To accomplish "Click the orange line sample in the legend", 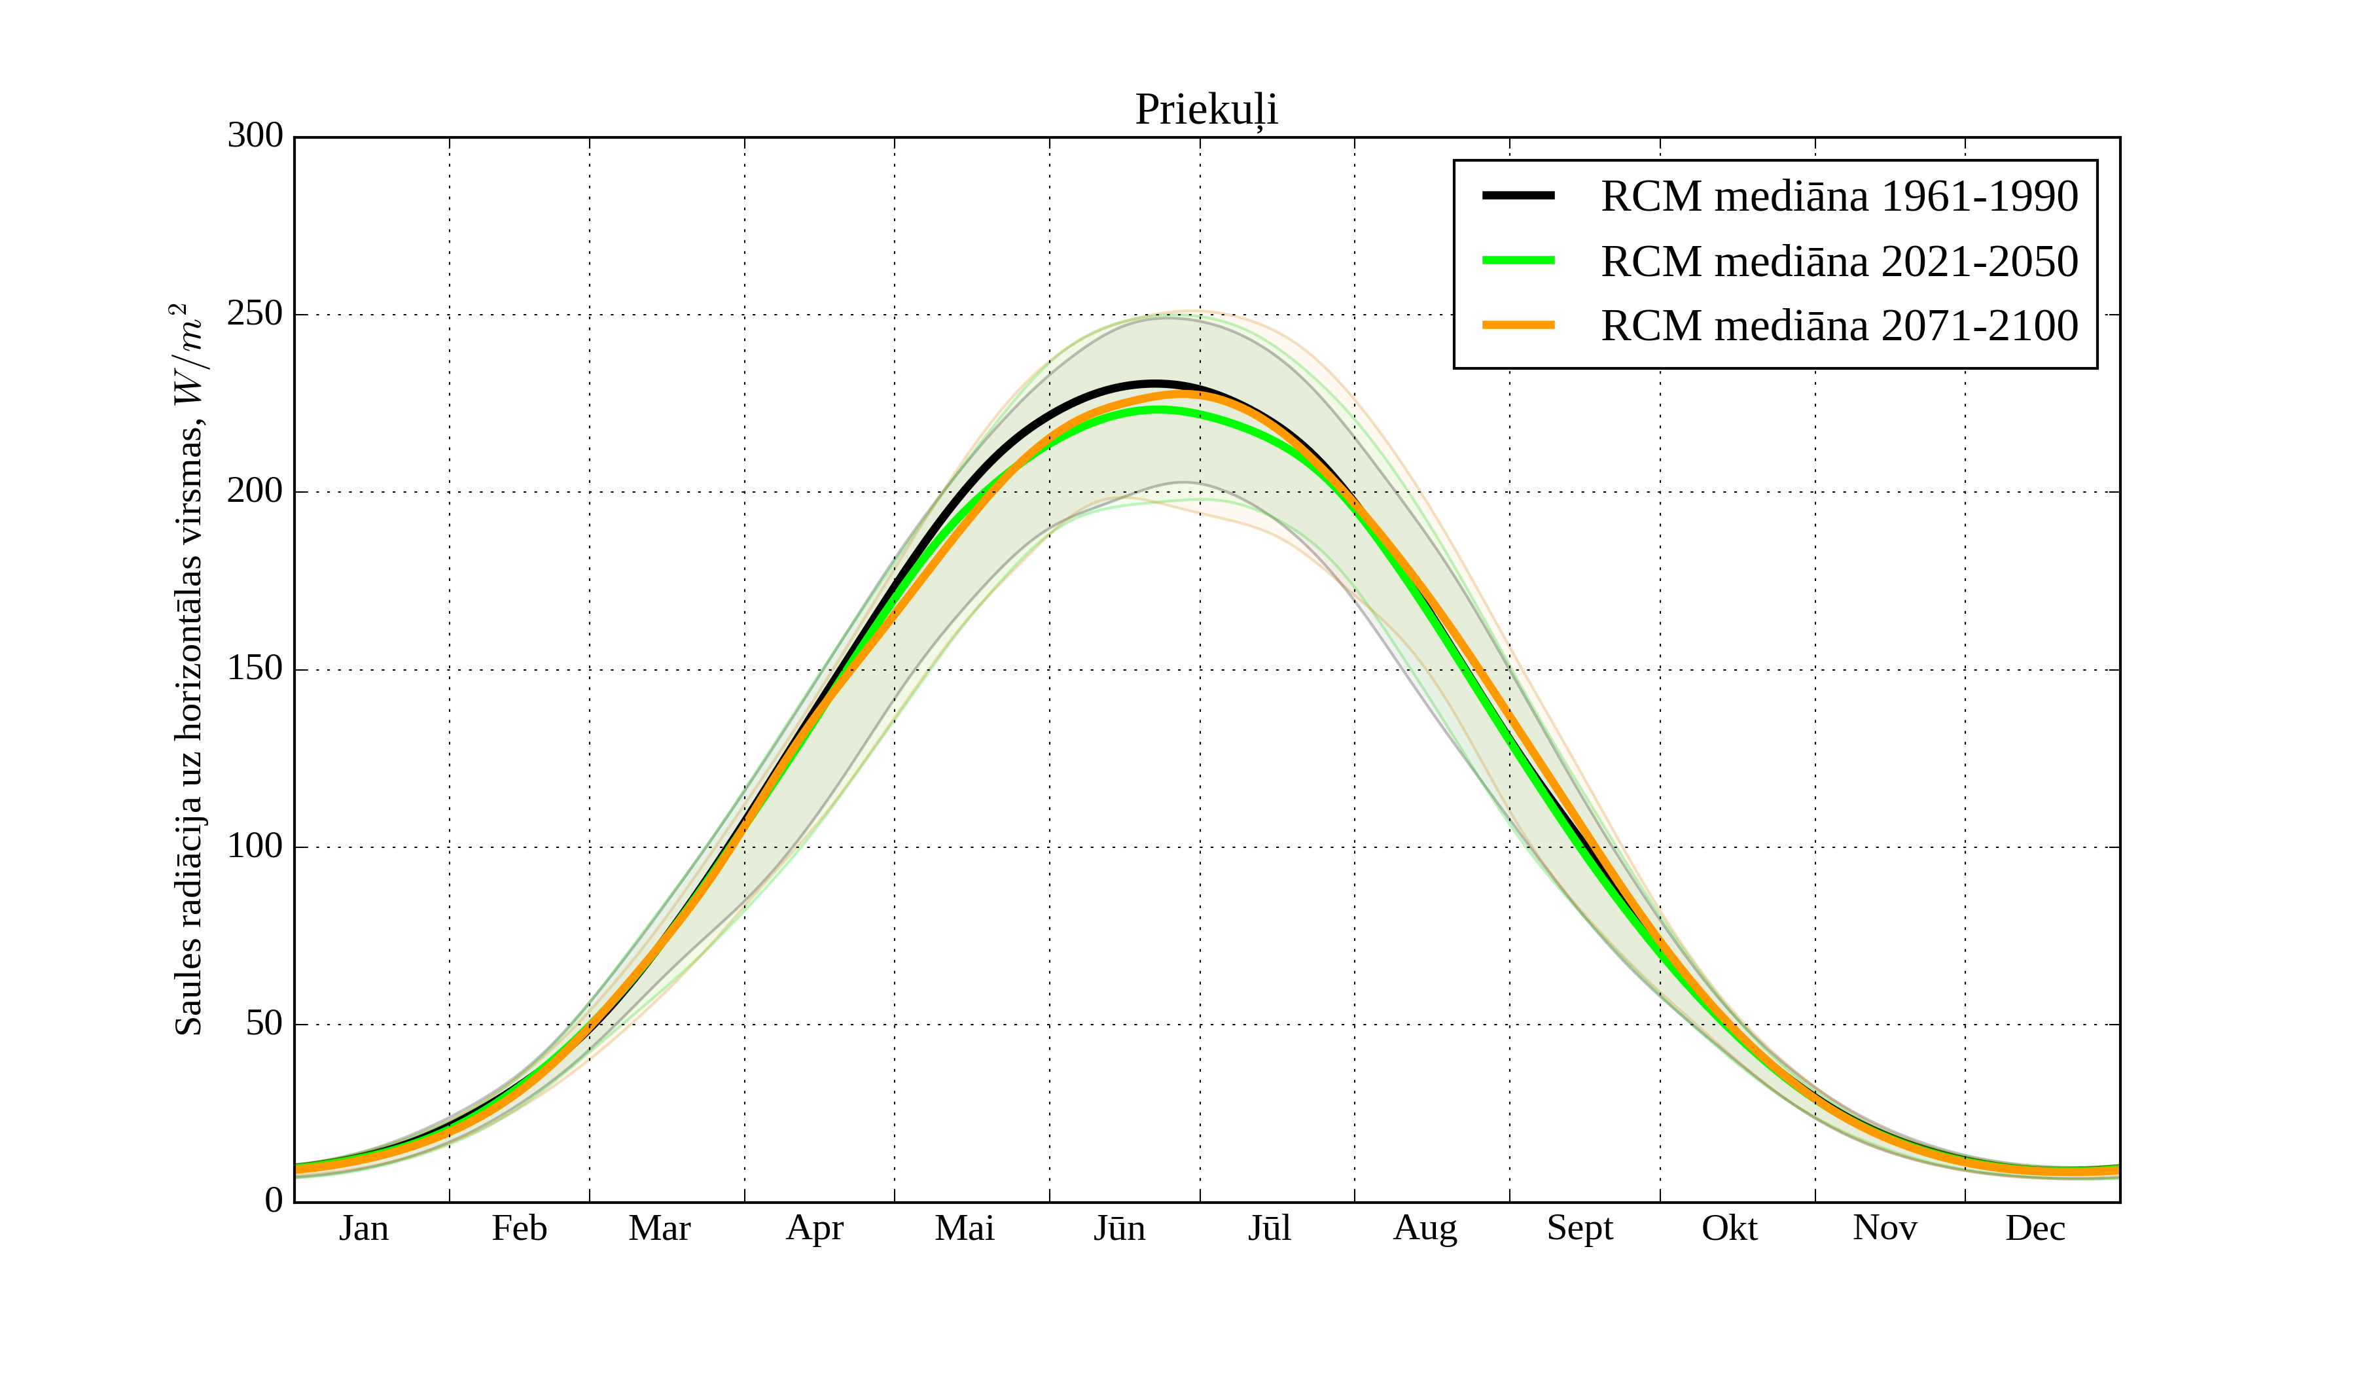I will pos(1518,325).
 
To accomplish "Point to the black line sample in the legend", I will pos(1518,196).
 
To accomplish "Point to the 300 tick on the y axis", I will pos(255,137).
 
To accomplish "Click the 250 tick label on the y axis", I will pos(255,314).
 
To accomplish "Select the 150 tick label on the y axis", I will pos(255,669).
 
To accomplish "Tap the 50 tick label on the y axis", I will pos(264,1025).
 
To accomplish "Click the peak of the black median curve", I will pos(1154,383).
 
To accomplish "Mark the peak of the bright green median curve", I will pos(1159,410).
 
